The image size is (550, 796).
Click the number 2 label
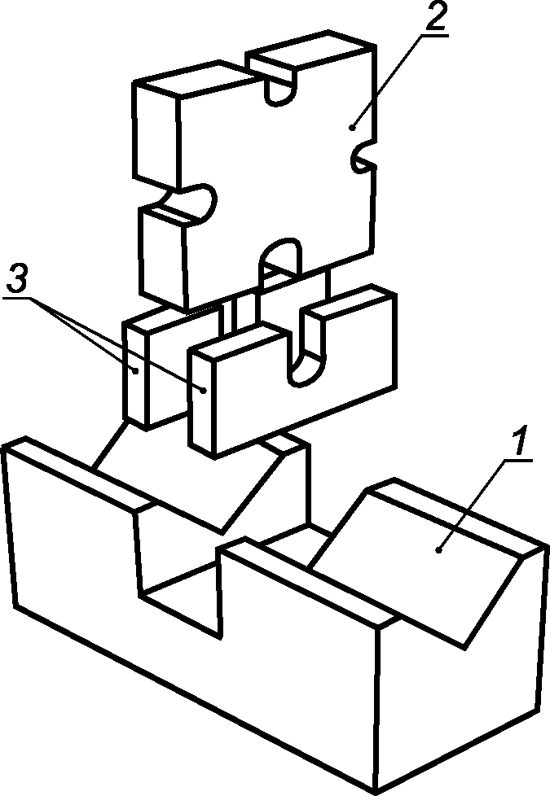[x=435, y=17]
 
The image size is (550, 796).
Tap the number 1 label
[x=519, y=441]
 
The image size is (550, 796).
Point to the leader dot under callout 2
[x=352, y=128]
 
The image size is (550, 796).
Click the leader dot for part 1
[x=438, y=549]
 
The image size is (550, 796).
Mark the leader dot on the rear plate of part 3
[x=136, y=371]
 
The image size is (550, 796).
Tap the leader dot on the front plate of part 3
[x=204, y=391]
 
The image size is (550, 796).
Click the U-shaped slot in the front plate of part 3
[x=306, y=350]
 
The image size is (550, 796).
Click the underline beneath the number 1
[x=518, y=461]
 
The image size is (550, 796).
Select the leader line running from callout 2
[x=386, y=81]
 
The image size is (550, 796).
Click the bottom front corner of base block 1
[x=375, y=793]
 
